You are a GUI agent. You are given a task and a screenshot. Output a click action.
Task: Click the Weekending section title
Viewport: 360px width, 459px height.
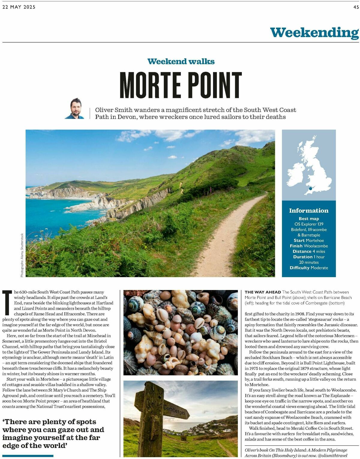point(314,32)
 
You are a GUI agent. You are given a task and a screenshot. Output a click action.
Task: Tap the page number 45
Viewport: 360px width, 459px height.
point(356,7)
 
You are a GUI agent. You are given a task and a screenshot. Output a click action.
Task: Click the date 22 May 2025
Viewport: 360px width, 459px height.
point(19,7)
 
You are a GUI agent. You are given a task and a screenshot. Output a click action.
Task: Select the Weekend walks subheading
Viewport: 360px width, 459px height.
point(181,62)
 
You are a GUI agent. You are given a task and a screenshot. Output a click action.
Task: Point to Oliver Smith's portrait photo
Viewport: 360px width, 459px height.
point(75,108)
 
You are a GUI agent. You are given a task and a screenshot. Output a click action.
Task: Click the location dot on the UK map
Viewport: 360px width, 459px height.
point(310,189)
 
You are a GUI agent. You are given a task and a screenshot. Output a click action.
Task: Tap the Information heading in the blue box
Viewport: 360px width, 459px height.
point(309,210)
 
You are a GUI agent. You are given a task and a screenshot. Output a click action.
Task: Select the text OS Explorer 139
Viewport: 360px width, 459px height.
point(309,224)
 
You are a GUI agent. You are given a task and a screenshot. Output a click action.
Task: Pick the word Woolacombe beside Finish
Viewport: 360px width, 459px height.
point(316,246)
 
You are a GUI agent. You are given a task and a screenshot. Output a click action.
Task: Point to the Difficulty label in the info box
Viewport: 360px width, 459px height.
point(299,268)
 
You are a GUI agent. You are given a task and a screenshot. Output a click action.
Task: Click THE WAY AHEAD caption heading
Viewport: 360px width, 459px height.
point(263,292)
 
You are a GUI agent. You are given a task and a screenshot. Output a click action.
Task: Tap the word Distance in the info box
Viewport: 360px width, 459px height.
point(302,252)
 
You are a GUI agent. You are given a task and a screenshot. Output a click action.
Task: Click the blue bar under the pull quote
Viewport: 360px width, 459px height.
point(28,456)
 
